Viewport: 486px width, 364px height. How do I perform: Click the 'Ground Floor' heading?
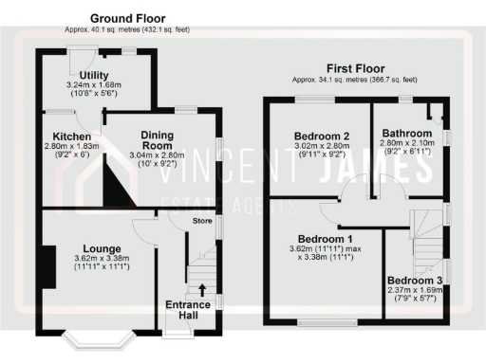pyautogui.click(x=126, y=18)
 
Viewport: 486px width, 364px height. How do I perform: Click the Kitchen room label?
pyautogui.click(x=72, y=137)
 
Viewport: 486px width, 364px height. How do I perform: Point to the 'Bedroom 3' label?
pyautogui.click(x=418, y=282)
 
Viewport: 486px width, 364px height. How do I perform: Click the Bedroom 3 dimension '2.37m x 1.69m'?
pyautogui.click(x=418, y=294)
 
